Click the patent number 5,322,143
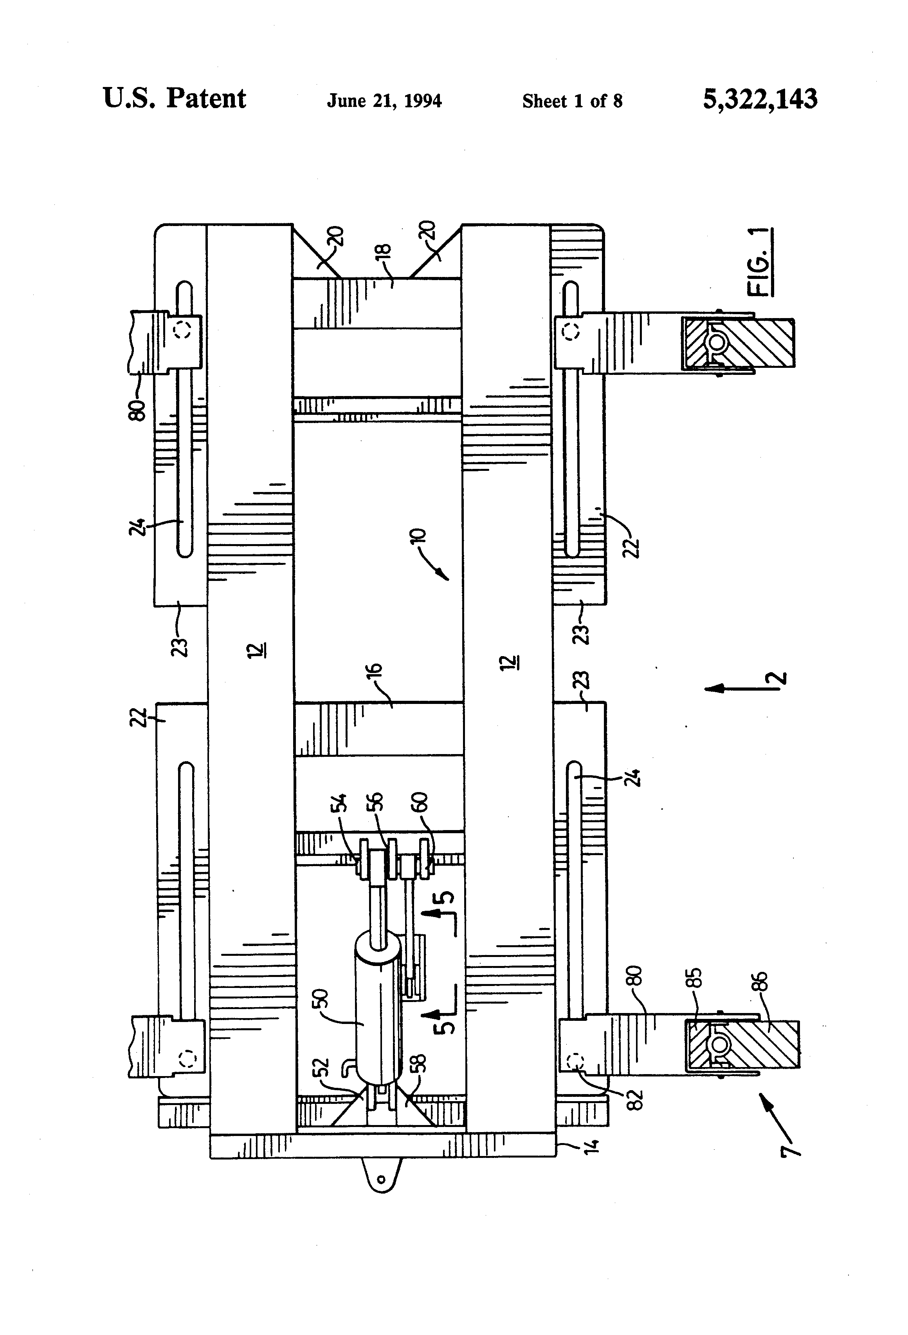point(759,99)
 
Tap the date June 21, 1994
point(384,101)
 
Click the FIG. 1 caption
point(759,262)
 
